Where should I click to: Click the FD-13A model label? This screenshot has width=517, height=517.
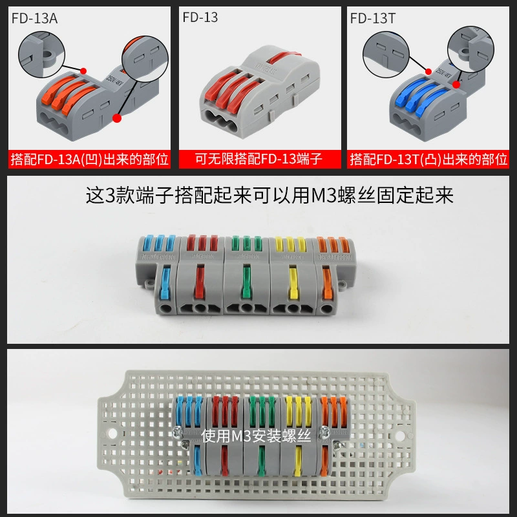click(x=35, y=19)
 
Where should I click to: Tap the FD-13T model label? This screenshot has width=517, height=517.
click(x=373, y=19)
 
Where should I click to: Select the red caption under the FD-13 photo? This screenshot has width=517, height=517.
click(x=258, y=159)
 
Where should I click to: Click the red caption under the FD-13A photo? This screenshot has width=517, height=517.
click(x=89, y=159)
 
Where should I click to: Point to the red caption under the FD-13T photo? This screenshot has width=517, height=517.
click(x=428, y=159)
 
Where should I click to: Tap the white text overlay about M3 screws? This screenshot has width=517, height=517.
click(x=256, y=436)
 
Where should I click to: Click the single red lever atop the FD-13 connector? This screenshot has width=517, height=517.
click(x=284, y=56)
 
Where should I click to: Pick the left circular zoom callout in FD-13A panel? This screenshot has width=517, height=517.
click(x=41, y=55)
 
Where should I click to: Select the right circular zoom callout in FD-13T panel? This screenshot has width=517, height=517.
click(x=470, y=50)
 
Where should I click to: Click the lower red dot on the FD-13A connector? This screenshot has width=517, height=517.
click(x=117, y=118)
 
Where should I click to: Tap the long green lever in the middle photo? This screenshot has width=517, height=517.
click(x=246, y=281)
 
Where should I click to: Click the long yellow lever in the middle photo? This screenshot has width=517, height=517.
click(x=293, y=282)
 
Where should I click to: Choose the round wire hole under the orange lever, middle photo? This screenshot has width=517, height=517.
click(x=326, y=309)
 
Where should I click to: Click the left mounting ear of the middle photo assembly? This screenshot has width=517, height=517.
click(x=149, y=283)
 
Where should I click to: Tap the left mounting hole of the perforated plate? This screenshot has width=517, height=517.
click(x=112, y=433)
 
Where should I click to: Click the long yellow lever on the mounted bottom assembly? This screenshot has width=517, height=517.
click(x=298, y=461)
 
